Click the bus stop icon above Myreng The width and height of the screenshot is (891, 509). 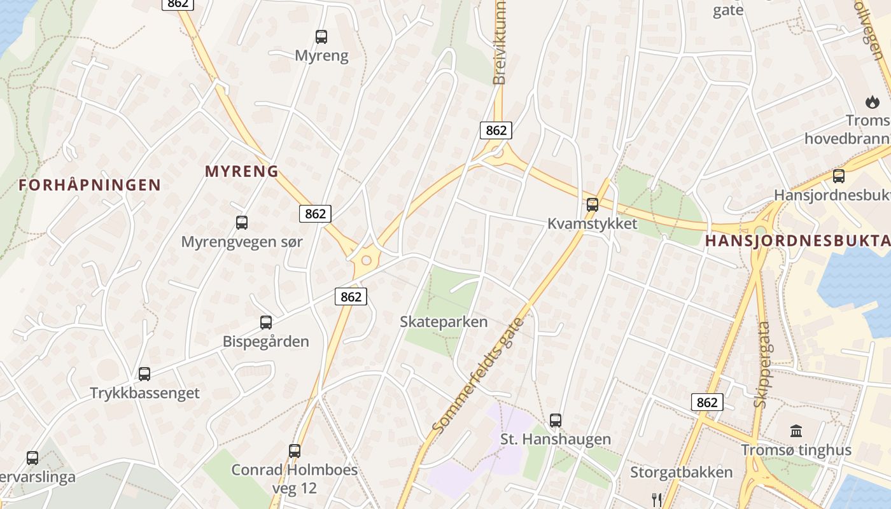pos(321,37)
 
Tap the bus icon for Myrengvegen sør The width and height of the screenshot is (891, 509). pos(242,223)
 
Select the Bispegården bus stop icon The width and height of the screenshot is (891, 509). pos(266,323)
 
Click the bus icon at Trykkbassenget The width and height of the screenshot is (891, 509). pos(144,374)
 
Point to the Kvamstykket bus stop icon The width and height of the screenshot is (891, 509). pos(593,205)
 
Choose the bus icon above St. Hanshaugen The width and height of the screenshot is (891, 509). pos(556,421)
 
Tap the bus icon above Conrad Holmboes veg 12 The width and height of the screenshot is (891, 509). pos(295,451)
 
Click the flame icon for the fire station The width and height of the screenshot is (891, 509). pos(871,102)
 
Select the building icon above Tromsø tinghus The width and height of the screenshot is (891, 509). pos(796,431)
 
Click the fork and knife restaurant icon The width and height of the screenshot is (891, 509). pos(657,499)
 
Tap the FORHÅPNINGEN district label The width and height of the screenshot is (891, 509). pos(90,185)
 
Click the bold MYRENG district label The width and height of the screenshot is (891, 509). pos(242,171)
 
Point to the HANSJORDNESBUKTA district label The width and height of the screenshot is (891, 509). pos(797,241)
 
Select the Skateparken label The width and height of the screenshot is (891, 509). pos(444,322)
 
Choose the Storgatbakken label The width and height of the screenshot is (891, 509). pos(681,472)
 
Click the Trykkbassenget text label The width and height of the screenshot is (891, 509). pos(144,393)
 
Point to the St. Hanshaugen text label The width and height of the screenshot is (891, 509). pos(556,439)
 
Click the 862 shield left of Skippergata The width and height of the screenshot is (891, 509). pos(707,402)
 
